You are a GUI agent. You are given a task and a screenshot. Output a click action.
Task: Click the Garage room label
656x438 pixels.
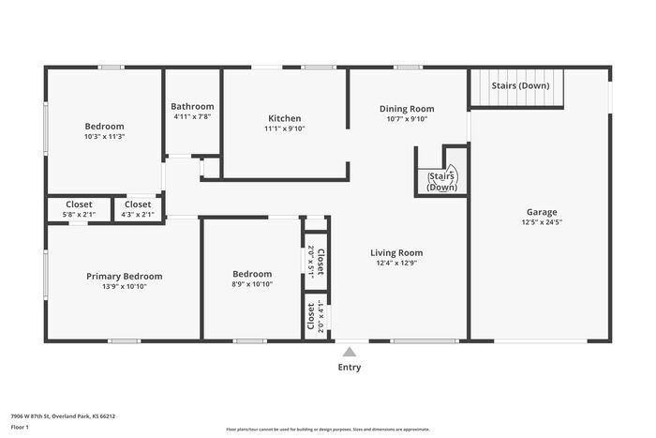541,212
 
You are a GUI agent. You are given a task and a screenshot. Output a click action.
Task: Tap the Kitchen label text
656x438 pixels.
285,118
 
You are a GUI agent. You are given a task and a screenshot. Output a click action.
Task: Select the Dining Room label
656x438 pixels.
407,109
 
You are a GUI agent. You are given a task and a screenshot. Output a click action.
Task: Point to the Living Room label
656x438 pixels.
396,252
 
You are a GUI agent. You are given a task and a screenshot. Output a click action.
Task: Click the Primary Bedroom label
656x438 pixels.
124,277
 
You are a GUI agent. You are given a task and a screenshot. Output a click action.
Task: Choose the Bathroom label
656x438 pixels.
193,107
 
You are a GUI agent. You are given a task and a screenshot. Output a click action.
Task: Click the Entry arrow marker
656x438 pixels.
349,353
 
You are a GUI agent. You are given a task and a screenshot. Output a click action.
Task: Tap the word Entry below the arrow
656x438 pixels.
349,368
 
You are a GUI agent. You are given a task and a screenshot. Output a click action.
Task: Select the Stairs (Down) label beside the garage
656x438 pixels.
520,86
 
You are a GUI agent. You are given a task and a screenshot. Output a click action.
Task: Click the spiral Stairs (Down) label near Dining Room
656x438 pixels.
441,181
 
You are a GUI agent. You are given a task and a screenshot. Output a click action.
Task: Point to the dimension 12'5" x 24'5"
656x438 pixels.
541,223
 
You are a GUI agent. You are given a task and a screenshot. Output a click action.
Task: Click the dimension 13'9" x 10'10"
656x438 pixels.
124,287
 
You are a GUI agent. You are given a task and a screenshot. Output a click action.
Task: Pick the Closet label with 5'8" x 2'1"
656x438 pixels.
79,204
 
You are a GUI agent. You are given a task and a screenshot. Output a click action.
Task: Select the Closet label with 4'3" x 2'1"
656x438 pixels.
137,204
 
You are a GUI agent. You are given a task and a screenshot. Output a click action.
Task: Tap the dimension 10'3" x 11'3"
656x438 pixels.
104,137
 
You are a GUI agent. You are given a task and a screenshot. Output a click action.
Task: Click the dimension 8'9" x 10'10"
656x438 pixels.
252,284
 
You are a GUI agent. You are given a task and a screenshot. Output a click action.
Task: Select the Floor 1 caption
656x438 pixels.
20,428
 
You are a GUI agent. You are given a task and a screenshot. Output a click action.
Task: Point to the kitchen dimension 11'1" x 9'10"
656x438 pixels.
285,129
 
